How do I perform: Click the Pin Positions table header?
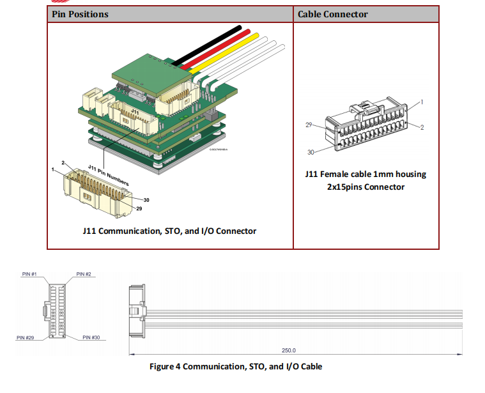tap(79, 14)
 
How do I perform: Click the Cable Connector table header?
tap(332, 14)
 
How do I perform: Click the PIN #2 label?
tap(84, 274)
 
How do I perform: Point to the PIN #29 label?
tap(26, 337)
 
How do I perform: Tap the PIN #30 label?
tap(91, 337)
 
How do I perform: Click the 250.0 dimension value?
tap(289, 350)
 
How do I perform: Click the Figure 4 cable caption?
tap(236, 367)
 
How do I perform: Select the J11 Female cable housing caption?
tap(365, 180)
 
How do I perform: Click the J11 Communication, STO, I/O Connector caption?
tap(169, 231)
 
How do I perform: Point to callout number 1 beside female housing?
tap(422, 102)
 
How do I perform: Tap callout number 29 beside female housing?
tap(308, 125)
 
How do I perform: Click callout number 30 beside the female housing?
tap(311, 151)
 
